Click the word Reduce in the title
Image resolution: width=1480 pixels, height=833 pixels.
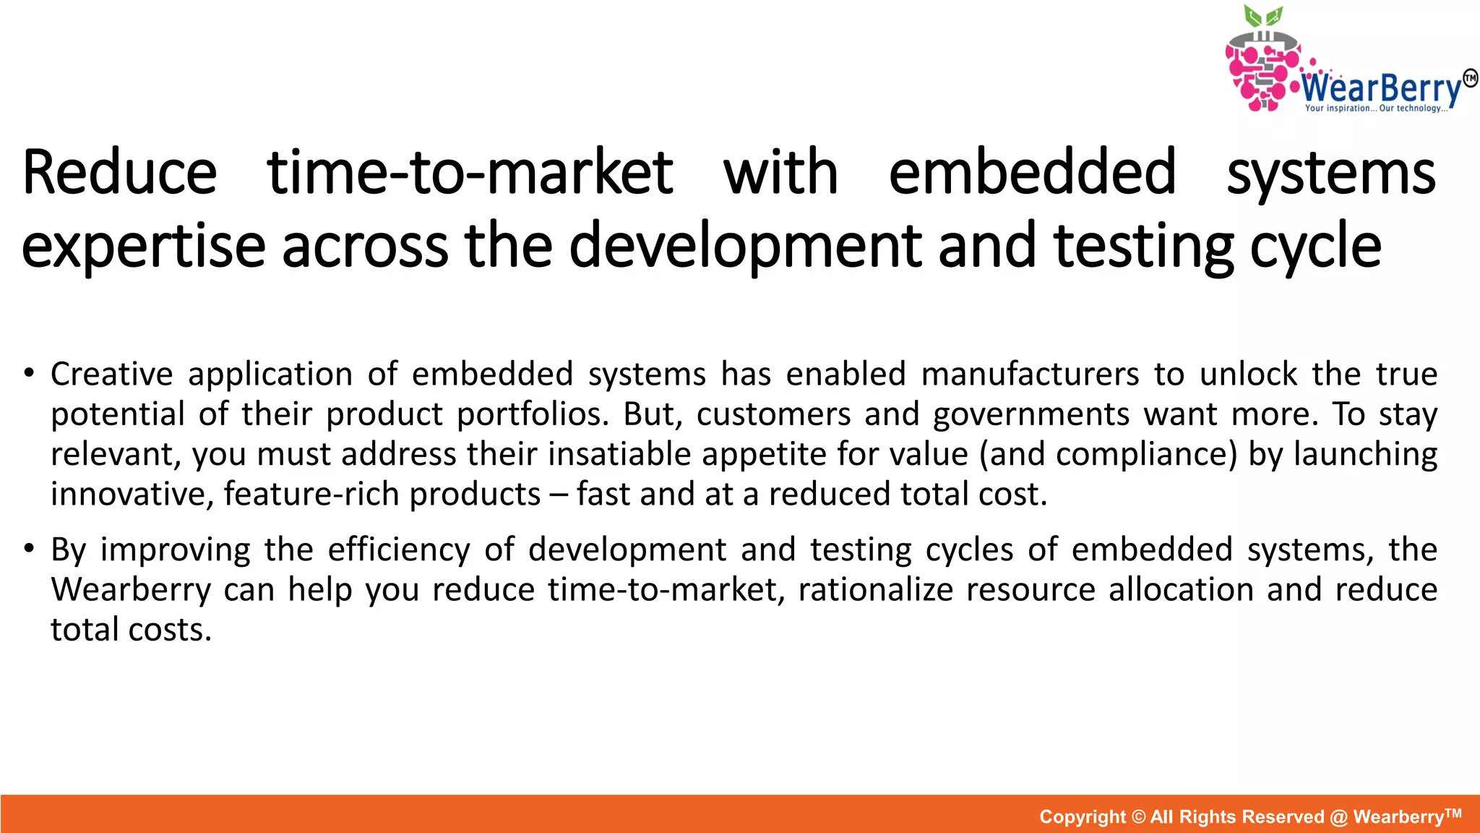[119, 174]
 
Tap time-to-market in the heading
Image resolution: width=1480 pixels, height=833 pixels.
[470, 174]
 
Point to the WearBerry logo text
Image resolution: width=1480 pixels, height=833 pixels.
[1382, 89]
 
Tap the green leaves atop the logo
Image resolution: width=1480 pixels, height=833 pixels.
[1262, 17]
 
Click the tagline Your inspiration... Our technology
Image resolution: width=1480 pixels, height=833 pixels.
[1376, 108]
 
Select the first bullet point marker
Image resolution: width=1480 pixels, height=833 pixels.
[28, 374]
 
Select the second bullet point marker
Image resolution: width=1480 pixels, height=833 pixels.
[28, 550]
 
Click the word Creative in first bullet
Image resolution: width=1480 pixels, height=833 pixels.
[111, 375]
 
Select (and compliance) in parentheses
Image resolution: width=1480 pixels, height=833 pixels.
[1109, 455]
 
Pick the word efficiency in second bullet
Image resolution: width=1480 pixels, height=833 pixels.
[399, 550]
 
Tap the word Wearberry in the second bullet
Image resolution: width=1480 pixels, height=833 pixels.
[130, 590]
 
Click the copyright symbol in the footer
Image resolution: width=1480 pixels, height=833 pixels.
[1138, 817]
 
